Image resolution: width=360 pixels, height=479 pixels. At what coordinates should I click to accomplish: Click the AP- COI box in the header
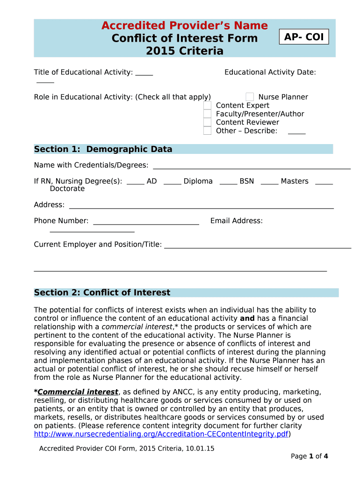click(x=304, y=37)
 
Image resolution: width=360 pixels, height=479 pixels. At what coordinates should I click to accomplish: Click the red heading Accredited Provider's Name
click(x=184, y=25)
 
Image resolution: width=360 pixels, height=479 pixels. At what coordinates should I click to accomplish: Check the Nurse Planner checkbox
click(x=250, y=97)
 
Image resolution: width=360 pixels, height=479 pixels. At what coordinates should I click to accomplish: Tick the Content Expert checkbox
click(x=208, y=106)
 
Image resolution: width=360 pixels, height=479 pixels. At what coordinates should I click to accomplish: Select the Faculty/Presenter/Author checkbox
click(x=208, y=114)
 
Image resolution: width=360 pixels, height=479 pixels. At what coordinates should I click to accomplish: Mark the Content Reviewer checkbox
click(x=208, y=123)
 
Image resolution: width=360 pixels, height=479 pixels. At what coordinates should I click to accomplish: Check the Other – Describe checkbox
click(x=208, y=131)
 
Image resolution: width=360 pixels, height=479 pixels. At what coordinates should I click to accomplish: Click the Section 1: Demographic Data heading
click(x=103, y=149)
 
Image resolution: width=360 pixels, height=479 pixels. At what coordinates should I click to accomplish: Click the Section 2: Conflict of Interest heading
click(x=102, y=293)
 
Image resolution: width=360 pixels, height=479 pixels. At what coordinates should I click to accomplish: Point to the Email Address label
click(x=237, y=221)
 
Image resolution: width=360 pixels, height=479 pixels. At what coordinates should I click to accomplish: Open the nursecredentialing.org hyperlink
click(x=161, y=434)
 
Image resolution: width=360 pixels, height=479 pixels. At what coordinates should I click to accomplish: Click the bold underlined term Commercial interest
click(x=78, y=392)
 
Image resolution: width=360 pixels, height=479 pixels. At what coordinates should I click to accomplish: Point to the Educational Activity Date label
click(x=270, y=72)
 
